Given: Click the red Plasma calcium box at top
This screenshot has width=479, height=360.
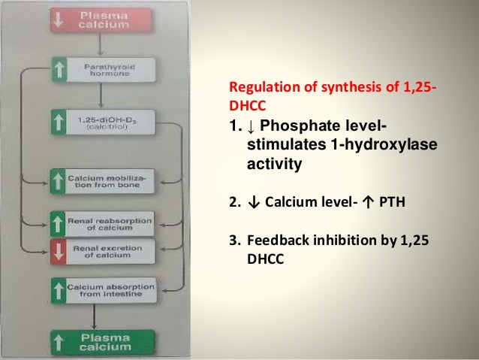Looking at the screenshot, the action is (x=105, y=18).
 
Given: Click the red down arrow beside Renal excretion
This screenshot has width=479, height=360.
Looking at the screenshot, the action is (x=59, y=250).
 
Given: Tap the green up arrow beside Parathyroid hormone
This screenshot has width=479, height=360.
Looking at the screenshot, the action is (x=59, y=70).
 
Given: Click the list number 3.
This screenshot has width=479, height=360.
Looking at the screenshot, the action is (x=233, y=241).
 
